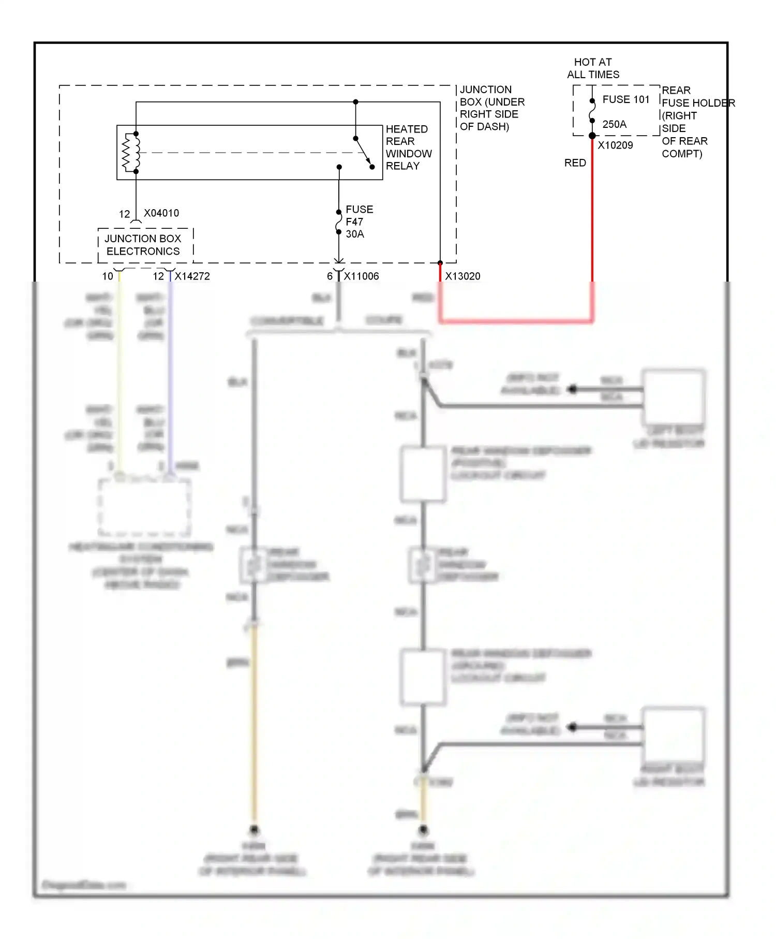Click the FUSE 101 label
(625, 99)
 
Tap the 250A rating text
(614, 124)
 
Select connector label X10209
(615, 145)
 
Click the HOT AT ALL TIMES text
(593, 68)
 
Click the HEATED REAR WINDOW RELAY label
(408, 148)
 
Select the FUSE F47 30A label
(359, 222)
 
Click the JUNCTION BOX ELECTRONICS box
(143, 245)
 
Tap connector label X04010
(161, 213)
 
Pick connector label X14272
(192, 276)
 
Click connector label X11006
(361, 276)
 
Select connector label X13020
(462, 276)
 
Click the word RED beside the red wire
(575, 163)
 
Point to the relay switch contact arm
(364, 153)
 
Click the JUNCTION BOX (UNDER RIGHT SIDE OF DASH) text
(491, 108)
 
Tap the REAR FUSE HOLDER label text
(693, 122)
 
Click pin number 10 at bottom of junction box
(108, 276)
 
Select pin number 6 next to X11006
(330, 276)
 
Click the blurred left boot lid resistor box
(674, 397)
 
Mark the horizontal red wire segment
(516, 321)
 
